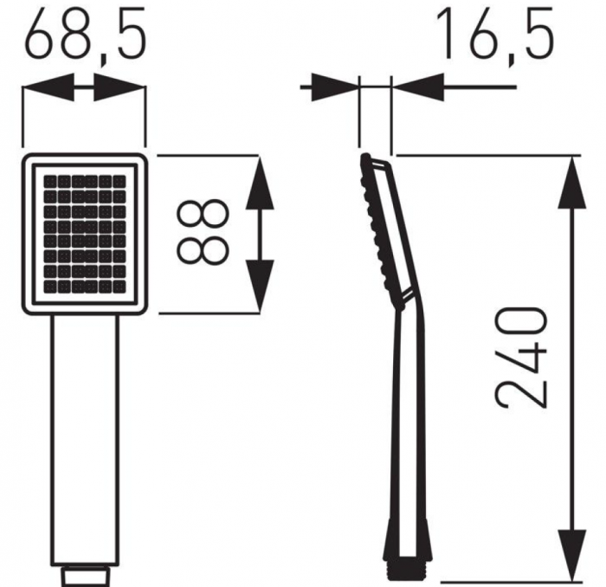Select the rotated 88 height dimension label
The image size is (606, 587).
point(203,232)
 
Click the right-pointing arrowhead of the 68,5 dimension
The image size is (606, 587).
point(119,87)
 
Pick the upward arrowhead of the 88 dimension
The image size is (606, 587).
point(260,183)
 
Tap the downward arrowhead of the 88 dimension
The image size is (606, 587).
point(260,286)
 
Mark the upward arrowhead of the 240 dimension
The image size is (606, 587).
point(573,183)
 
